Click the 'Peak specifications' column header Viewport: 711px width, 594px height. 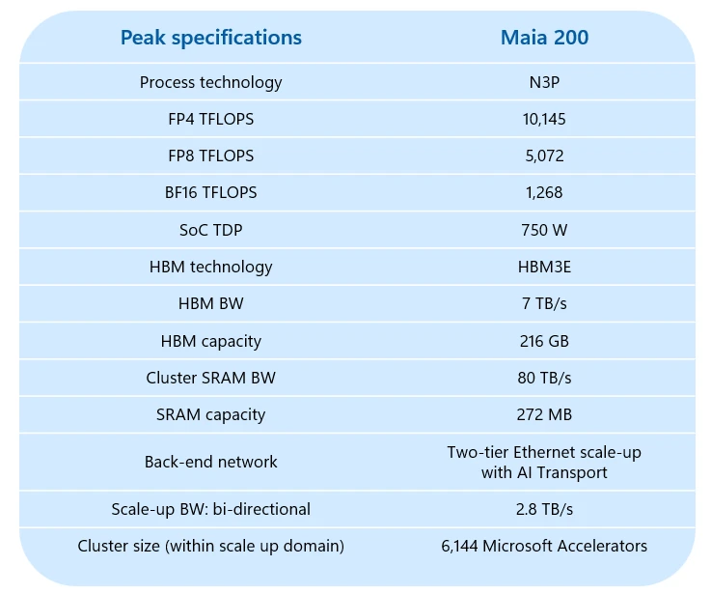point(210,38)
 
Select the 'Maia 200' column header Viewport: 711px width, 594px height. point(544,38)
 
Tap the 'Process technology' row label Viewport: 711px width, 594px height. point(210,82)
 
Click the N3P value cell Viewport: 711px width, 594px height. point(544,82)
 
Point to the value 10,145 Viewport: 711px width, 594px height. point(544,119)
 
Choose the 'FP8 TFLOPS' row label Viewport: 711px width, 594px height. point(210,156)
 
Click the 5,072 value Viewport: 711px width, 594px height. point(544,156)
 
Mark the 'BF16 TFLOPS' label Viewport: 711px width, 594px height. point(210,192)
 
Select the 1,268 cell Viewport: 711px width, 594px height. point(544,192)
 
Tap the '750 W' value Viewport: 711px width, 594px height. point(544,229)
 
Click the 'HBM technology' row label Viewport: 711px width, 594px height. point(210,267)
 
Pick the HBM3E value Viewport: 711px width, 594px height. point(544,267)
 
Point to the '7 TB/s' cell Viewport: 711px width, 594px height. point(544,303)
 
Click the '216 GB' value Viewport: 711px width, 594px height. point(544,341)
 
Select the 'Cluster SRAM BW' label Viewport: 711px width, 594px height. point(210,378)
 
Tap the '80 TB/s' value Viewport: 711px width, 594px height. point(544,378)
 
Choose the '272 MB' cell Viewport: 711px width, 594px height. point(544,414)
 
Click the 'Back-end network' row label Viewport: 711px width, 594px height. point(210,462)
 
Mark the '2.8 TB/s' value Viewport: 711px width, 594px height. point(544,509)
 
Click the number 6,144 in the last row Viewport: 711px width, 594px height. point(459,546)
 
